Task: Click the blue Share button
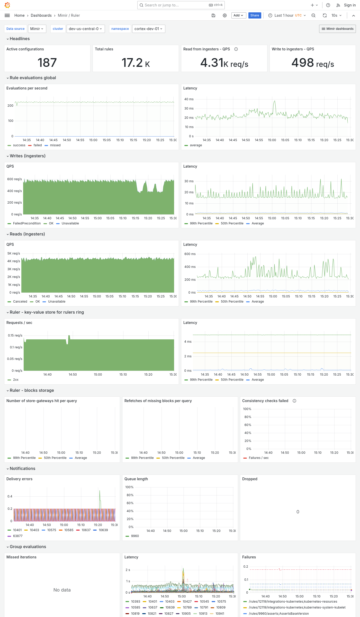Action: point(255,15)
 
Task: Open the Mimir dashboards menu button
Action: point(337,29)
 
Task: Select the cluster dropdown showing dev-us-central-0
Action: point(85,29)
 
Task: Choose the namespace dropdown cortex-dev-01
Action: point(148,29)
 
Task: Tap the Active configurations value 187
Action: point(47,62)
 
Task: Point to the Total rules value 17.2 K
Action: point(136,62)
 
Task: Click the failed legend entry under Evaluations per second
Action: point(38,145)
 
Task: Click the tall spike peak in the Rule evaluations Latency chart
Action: point(275,101)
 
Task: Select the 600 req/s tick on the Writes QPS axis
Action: point(14,179)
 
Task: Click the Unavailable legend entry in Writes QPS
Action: point(70,223)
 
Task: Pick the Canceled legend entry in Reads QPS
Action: point(20,302)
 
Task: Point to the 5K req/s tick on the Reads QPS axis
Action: point(14,253)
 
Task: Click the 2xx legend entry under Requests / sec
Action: point(16,380)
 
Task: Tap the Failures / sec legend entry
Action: point(258,458)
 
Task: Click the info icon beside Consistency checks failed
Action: point(294,401)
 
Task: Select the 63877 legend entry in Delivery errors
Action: point(18,536)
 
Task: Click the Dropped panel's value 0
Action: point(298,512)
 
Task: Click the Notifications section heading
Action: point(22,468)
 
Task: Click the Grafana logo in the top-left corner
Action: point(7,5)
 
